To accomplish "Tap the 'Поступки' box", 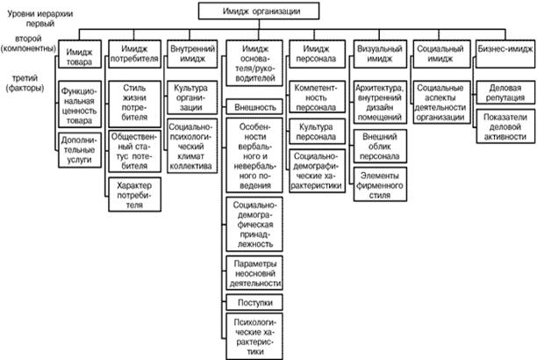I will [x=254, y=302].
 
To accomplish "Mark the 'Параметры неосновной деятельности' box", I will [x=254, y=274].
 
